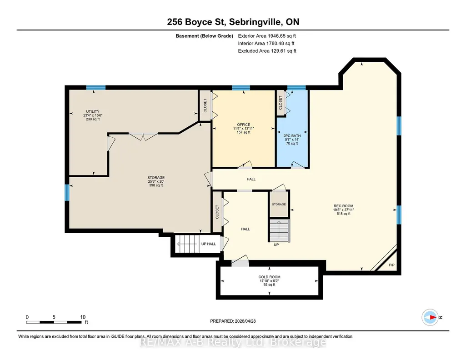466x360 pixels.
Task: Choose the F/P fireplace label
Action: click(392, 265)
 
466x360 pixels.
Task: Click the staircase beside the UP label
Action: click(279, 230)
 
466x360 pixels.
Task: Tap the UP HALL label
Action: click(209, 244)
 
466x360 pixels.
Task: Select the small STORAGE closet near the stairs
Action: click(279, 205)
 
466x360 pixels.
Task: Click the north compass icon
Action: click(430, 317)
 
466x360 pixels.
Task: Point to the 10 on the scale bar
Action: click(83, 317)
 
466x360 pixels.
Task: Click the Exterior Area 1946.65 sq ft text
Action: click(267, 36)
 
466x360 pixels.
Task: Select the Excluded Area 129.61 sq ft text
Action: click(267, 51)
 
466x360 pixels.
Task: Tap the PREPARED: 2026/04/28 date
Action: click(233, 321)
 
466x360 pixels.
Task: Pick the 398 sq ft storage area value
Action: click(156, 185)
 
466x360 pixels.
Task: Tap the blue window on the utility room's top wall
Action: click(95, 87)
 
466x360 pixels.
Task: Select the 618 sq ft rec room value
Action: click(343, 214)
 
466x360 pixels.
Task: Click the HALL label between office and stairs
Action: click(251, 179)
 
